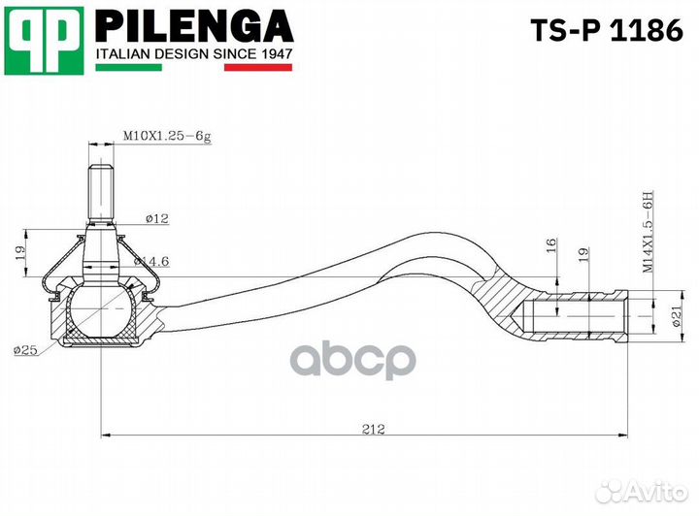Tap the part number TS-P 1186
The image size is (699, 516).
click(606, 31)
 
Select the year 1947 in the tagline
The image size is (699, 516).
click(273, 55)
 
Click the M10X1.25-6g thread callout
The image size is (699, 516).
click(166, 136)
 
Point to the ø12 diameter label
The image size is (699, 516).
click(157, 219)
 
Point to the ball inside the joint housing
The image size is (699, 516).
click(101, 309)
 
